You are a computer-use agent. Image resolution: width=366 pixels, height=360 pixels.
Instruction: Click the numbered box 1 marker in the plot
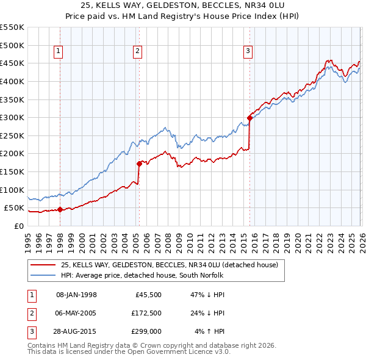pos(59,52)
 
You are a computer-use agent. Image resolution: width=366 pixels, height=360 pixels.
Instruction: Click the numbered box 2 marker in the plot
pos(138,52)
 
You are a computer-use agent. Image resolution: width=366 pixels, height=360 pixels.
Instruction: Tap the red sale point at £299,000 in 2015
pos(249,118)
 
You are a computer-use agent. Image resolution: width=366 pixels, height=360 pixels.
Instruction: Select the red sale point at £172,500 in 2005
pos(139,164)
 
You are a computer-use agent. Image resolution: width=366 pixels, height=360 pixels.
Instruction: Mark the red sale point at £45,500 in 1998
pos(60,209)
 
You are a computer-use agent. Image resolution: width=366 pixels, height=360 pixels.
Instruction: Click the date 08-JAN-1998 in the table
pos(76,295)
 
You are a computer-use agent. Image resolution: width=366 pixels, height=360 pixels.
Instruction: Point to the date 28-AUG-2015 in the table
pos(76,331)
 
